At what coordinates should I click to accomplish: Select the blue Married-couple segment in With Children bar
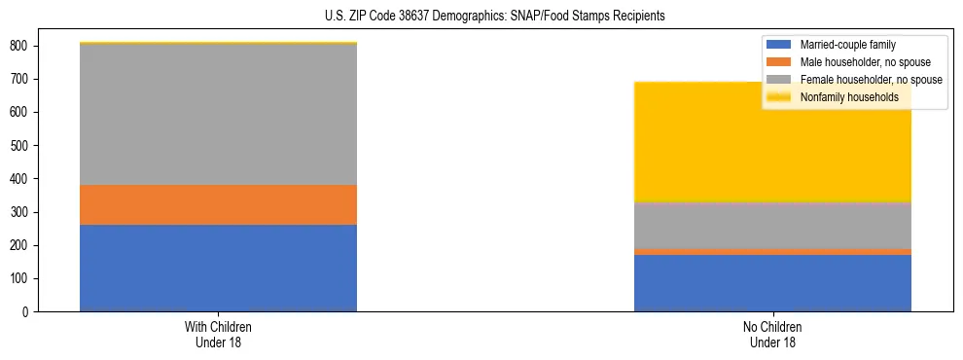pos(218,268)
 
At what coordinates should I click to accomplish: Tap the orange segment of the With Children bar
pos(218,204)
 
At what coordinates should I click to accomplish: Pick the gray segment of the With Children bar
pos(218,115)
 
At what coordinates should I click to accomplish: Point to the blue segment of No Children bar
pos(772,283)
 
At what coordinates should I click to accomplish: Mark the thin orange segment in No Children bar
pos(772,252)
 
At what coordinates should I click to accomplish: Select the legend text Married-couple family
pos(847,45)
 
